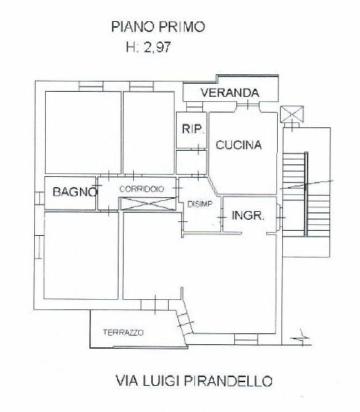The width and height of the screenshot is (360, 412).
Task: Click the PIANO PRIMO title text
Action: pos(157,28)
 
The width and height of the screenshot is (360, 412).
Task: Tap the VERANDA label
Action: pos(229,92)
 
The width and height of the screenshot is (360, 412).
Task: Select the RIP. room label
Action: pos(191,130)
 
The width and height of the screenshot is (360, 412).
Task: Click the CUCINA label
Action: pos(238,146)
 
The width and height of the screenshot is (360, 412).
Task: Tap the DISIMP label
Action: pos(199,204)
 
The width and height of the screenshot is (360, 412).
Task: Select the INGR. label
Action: pos(247,216)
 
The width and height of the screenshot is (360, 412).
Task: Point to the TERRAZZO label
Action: pos(123,332)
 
